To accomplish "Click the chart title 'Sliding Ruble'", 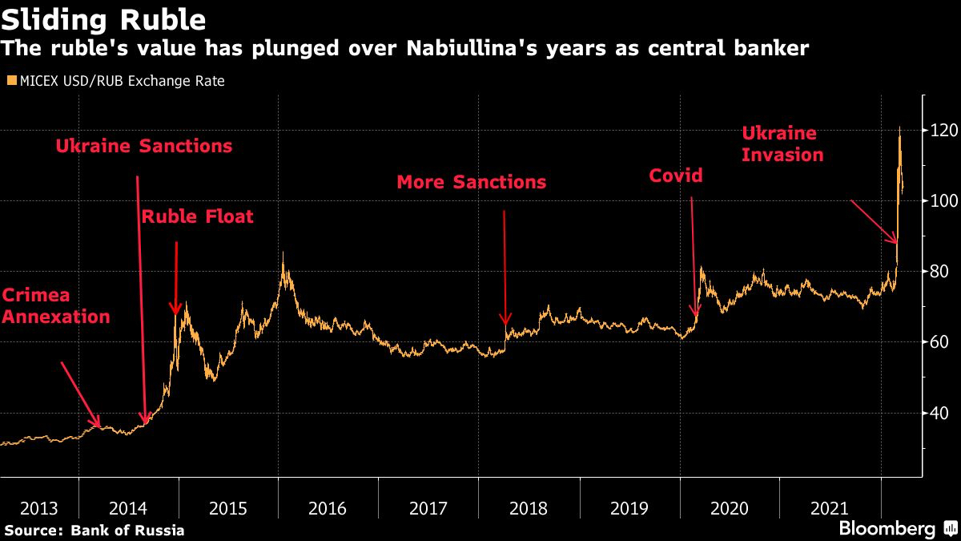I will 104,19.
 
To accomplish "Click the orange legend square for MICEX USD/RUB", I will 10,81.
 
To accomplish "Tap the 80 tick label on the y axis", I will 939,272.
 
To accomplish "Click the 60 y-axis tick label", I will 939,342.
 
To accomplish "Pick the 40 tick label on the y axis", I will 939,413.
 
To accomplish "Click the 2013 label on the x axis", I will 38,508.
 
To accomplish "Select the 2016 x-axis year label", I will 327,508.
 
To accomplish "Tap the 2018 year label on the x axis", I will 528,508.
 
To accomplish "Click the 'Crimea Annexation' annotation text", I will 56,305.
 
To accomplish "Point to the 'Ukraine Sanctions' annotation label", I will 144,146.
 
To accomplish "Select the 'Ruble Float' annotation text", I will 197,216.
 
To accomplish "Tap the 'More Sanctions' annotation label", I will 472,183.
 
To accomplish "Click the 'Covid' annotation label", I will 675,175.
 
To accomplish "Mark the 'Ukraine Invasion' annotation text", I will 782,144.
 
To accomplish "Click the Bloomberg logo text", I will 887,529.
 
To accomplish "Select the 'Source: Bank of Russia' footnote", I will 94,530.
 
